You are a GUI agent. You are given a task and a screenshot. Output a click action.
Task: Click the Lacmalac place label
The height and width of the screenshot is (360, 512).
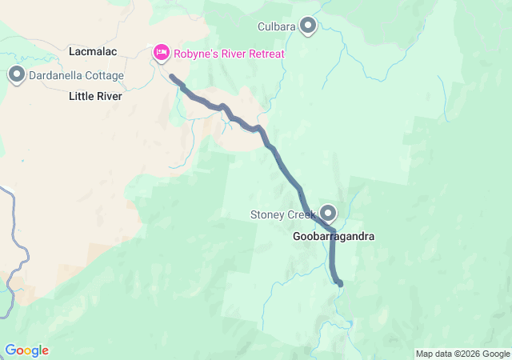(x=94, y=51)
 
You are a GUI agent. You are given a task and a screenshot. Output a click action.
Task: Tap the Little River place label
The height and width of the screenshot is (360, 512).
(x=95, y=96)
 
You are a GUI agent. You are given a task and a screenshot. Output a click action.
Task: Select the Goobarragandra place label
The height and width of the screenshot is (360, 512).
(x=334, y=237)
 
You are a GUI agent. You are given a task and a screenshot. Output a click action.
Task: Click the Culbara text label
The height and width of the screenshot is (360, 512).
(x=277, y=27)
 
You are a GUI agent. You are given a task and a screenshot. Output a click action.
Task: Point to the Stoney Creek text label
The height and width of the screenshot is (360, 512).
(x=283, y=214)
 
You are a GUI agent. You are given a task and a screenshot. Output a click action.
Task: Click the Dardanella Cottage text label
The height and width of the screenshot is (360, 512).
(x=76, y=76)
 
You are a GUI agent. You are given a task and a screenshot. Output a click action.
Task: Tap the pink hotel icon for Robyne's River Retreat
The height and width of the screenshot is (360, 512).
(x=161, y=53)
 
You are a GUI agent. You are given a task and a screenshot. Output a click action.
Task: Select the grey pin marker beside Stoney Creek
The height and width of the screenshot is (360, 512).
(x=328, y=213)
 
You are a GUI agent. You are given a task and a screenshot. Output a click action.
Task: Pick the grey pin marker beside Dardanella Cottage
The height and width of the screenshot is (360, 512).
(x=16, y=75)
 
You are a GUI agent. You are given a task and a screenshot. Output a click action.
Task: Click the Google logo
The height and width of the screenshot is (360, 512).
(x=26, y=350)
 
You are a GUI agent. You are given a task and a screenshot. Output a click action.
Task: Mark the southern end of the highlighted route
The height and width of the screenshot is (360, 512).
(x=341, y=283)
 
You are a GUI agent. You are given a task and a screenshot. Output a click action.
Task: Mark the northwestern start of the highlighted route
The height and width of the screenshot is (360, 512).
(x=172, y=77)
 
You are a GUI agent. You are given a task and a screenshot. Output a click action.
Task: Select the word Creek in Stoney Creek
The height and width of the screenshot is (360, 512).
(x=302, y=214)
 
